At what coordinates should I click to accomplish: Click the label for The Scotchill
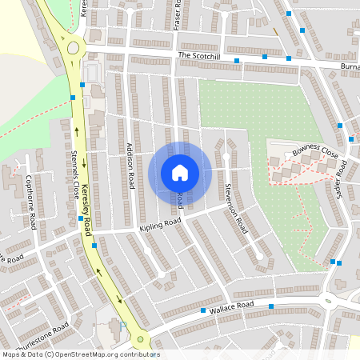point(199,55)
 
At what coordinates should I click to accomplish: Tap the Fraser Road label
point(178,15)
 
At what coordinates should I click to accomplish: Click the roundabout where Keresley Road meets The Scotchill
point(74,48)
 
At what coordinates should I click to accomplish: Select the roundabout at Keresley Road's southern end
point(142,340)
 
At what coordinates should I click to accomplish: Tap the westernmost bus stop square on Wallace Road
point(203,310)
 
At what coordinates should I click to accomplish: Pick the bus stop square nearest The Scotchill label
point(237,61)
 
